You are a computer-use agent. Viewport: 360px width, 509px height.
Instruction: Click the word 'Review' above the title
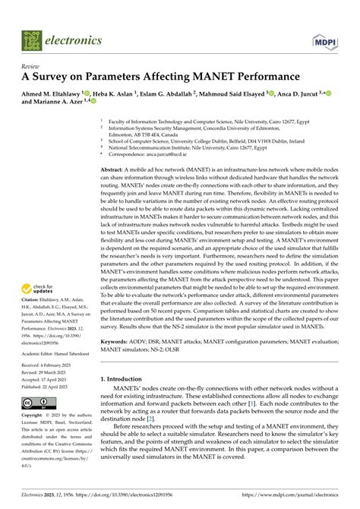pos(29,66)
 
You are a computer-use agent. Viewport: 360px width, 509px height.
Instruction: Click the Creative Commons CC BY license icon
pos(36,403)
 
